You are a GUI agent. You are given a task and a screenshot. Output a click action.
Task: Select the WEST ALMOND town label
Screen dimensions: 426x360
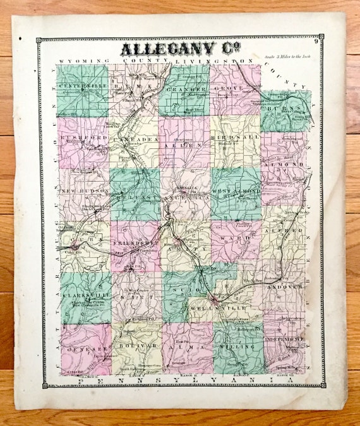pos(235,190)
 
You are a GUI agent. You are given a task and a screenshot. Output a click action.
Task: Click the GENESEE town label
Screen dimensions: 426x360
pos(85,346)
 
